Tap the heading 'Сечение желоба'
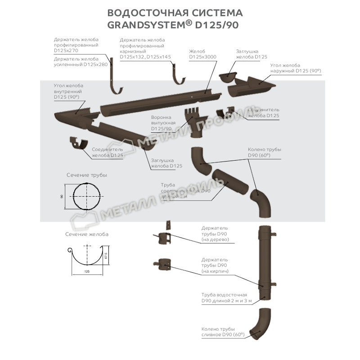pos(86,234)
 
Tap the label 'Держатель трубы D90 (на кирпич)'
pos(215,266)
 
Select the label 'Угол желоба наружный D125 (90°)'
pos(295,68)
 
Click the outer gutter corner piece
pos(250,86)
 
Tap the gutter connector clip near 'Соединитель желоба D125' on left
pos(80,144)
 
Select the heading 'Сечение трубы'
pos(87,175)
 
